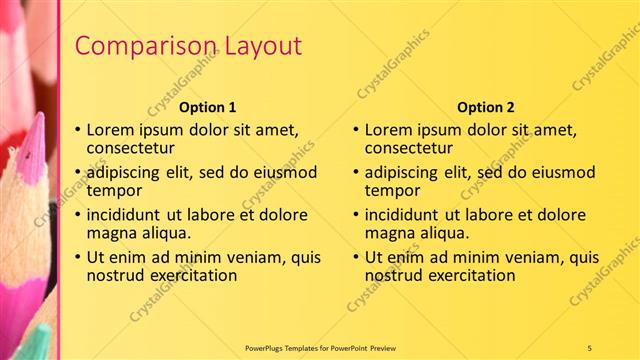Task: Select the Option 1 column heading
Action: tap(208, 107)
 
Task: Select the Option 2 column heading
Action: tap(486, 107)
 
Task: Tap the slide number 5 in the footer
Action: tap(590, 347)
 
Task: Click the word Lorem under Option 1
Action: tap(111, 129)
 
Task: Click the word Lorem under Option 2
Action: tap(389, 129)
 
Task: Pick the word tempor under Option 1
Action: tap(114, 191)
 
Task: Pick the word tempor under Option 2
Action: tap(392, 191)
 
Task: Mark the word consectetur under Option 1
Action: tap(133, 148)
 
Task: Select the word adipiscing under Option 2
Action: tap(404, 172)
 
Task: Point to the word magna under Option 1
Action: tap(112, 233)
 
